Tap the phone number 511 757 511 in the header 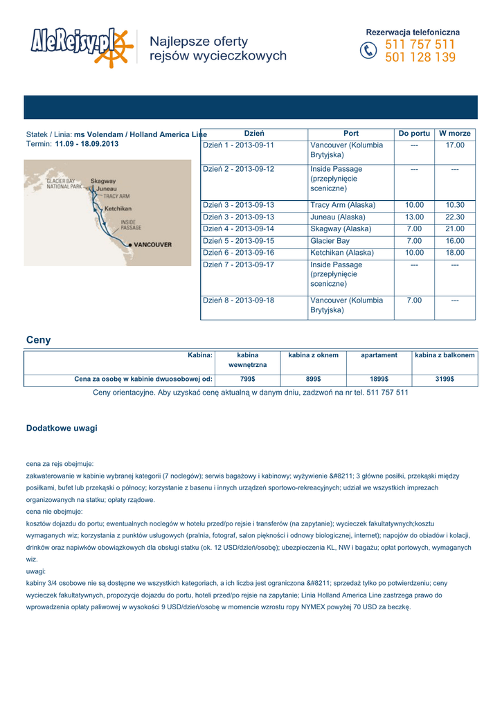click(420, 44)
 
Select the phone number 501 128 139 click(420, 57)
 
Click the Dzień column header click(254, 133)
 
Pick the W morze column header click(455, 133)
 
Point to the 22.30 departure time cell click(455, 217)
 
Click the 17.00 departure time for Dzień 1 click(455, 145)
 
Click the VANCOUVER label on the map click(152, 244)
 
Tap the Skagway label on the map click(103, 181)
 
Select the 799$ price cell click(247, 379)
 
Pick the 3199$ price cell click(445, 379)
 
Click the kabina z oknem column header click(313, 355)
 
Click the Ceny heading click(38, 340)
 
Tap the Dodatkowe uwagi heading click(62, 428)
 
